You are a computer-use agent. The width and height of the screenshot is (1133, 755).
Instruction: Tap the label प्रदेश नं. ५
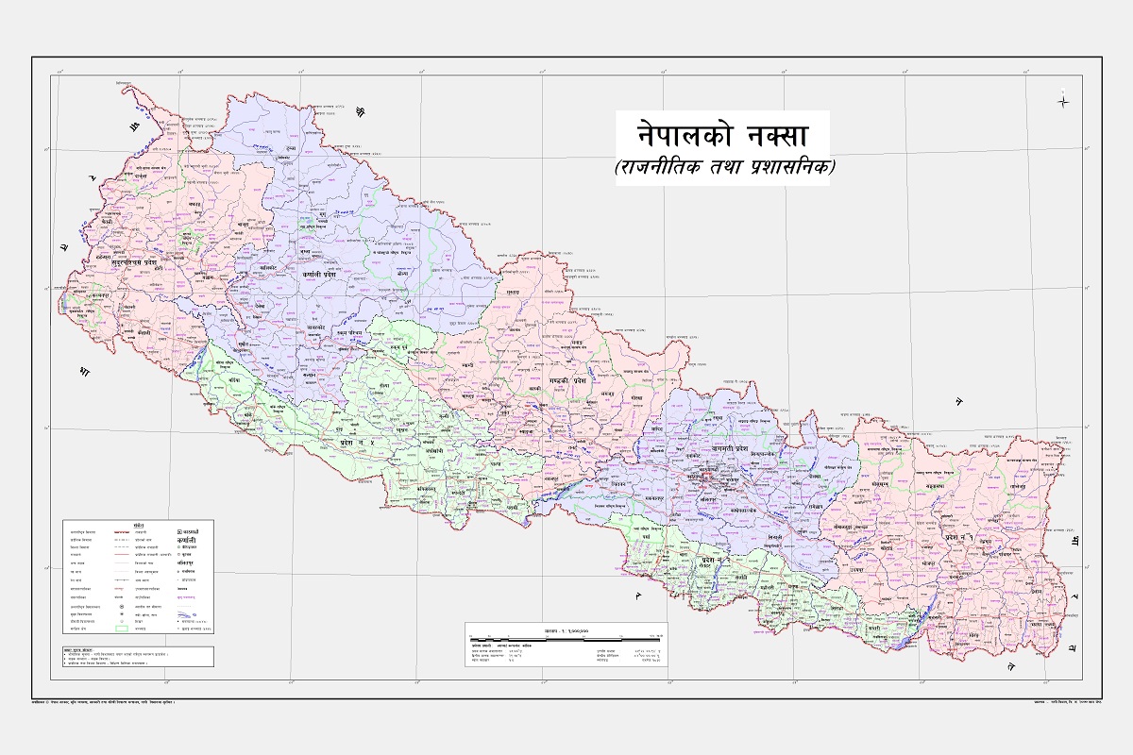point(357,442)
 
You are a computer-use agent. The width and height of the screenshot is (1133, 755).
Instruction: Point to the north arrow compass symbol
point(1063,100)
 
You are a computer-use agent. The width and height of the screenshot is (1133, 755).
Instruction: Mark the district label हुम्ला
point(291,150)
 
